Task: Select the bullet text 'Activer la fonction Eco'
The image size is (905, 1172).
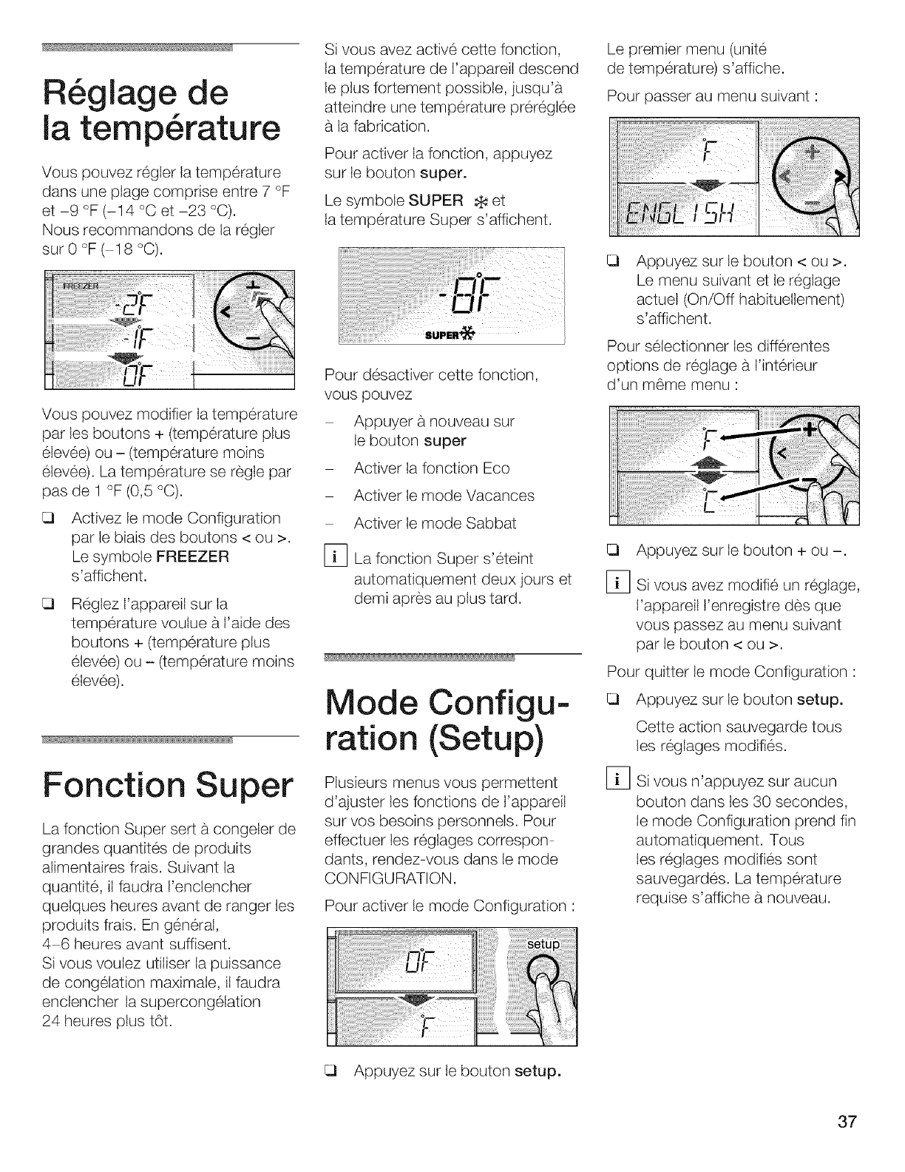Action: [x=431, y=468]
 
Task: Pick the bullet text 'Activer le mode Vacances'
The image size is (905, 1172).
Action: [x=444, y=496]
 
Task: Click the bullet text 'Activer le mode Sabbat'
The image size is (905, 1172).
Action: [x=435, y=523]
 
